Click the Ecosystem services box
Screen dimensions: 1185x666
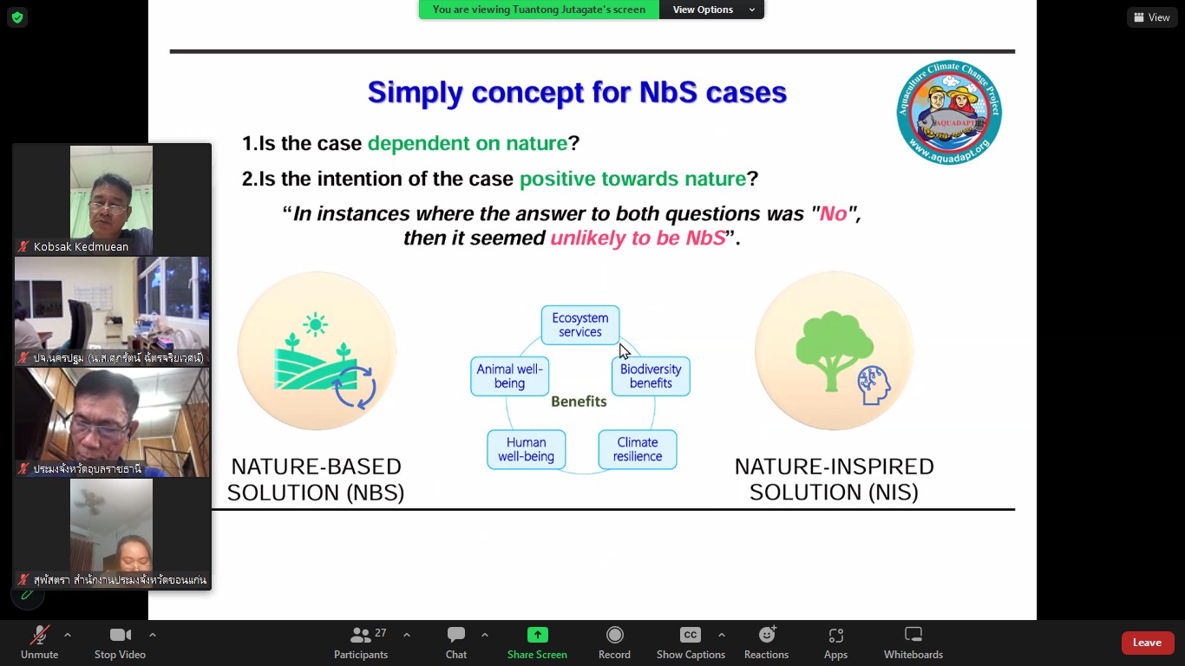(579, 325)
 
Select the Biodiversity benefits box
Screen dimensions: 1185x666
(651, 376)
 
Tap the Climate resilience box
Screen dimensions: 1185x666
(638, 449)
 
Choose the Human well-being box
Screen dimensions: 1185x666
(526, 449)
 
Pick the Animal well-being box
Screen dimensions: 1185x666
(509, 376)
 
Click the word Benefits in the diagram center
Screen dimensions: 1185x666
(579, 402)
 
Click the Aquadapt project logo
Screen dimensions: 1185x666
(949, 112)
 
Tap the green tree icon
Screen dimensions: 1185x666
(834, 350)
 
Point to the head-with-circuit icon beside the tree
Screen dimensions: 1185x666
(874, 385)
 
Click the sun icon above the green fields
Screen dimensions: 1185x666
(315, 324)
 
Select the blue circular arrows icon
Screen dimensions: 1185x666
(355, 388)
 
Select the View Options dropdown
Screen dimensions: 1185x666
(711, 10)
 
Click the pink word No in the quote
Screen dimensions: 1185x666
(833, 213)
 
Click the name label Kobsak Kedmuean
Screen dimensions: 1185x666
(81, 246)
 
